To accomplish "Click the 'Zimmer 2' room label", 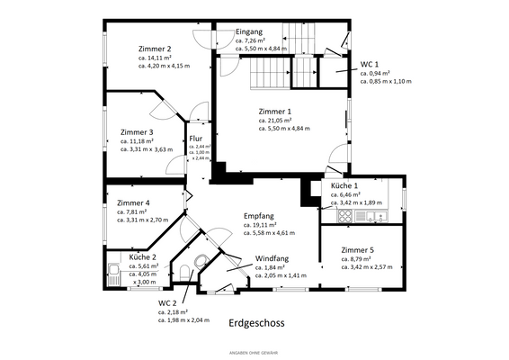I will [155, 49].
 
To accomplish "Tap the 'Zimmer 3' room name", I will [137, 131].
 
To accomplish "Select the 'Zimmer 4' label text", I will [133, 202].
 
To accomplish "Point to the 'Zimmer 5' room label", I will [357, 249].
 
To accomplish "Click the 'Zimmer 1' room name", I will [274, 110].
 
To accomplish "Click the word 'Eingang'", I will [249, 31].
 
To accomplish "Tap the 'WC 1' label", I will [370, 65].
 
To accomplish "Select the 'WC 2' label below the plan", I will [168, 303].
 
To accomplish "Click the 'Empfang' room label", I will [259, 217].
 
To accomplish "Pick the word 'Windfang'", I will [272, 258].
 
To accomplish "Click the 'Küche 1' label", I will [344, 184].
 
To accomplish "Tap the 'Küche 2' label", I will [143, 257].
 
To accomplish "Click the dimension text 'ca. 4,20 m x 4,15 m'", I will [164, 67].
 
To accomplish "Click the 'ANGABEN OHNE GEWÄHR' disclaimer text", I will [254, 350].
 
